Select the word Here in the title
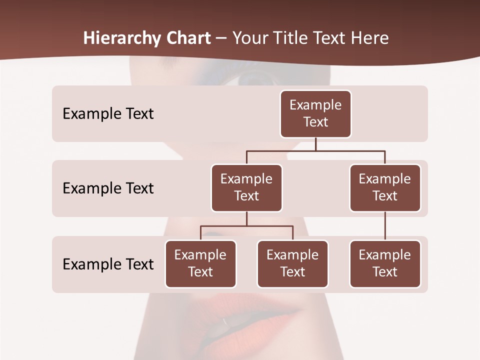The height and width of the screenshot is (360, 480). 370,38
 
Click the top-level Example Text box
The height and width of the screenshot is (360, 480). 315,114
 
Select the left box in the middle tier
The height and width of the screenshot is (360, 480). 246,188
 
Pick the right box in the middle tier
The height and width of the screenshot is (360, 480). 385,188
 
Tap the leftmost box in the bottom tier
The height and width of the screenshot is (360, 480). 200,264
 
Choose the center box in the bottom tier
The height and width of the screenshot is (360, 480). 292,264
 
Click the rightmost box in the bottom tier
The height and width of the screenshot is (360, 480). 385,264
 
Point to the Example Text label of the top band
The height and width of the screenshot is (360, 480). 108,114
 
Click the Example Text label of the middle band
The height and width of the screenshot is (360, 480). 108,188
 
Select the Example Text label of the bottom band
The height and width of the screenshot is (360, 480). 108,264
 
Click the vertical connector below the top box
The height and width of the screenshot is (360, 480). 315,144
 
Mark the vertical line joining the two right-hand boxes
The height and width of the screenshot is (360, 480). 385,226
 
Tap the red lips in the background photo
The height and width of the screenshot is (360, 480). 250,312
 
